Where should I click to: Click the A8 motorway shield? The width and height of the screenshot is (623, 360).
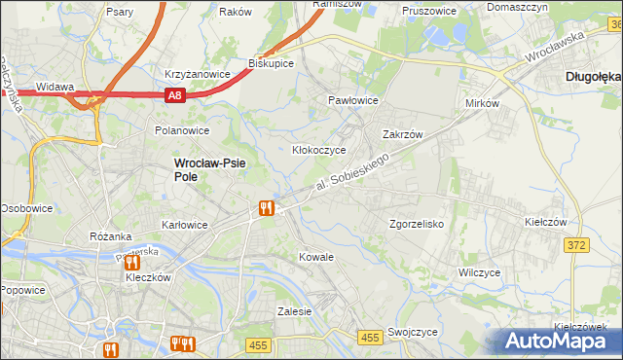coord(173,95)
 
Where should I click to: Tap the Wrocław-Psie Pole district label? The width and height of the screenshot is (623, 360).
coord(210,170)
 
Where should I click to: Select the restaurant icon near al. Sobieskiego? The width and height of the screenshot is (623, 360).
coord(266,206)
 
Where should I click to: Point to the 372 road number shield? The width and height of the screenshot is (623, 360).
coord(575,245)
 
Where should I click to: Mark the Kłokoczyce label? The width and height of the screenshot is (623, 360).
coord(319,151)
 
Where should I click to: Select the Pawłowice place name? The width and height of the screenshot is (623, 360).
coord(352,100)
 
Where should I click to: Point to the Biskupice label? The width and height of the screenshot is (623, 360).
coord(272,62)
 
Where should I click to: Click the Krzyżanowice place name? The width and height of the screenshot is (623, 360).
coord(198,74)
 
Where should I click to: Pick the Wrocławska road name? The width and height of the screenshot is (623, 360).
coord(552,46)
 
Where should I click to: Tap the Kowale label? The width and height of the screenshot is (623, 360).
coord(316,257)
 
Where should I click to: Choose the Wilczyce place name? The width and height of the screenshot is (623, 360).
coord(480,273)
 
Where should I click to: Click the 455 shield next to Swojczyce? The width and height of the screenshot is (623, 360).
coord(369,337)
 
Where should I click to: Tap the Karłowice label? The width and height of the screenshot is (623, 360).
coord(184,225)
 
